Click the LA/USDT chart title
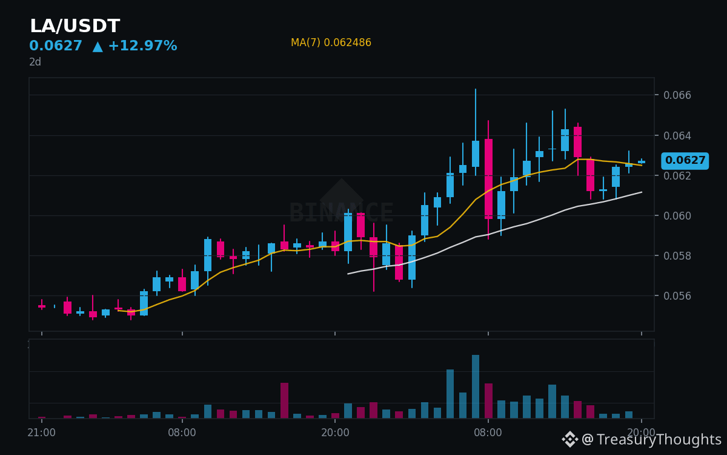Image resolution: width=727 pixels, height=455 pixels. point(75,25)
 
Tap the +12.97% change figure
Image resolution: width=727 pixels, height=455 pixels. point(143,45)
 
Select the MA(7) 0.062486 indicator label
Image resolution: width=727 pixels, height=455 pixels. point(331,42)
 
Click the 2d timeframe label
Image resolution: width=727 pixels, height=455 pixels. point(35,62)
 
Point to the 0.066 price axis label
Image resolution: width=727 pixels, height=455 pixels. point(677,95)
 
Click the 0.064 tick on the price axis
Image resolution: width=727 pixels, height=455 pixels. point(677,135)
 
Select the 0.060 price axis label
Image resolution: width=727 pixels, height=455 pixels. point(677,216)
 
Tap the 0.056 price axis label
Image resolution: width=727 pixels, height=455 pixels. point(677,296)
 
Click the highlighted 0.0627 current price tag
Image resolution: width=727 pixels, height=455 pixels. point(685,161)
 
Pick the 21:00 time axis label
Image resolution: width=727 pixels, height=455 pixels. point(42,433)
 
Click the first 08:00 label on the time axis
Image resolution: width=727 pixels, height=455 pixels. point(182,433)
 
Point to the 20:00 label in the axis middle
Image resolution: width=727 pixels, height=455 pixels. point(335,433)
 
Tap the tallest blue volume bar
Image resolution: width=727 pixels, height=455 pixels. point(476,386)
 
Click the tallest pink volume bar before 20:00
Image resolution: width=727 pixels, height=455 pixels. point(284,400)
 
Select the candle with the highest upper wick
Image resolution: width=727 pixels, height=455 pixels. point(476,132)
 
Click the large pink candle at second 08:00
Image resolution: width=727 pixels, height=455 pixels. point(488,179)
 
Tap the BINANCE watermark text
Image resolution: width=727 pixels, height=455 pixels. point(341,212)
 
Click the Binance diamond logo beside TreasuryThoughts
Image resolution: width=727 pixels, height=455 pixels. point(570,439)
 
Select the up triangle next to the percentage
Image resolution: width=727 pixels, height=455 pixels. point(98,47)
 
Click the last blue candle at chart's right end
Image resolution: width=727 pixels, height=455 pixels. point(642,161)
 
